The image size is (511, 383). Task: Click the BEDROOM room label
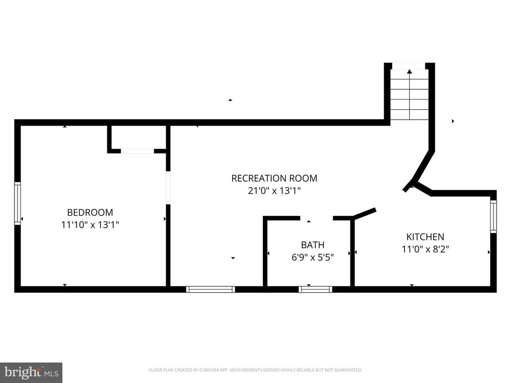(90, 212)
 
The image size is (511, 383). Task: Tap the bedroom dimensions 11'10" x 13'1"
(90, 225)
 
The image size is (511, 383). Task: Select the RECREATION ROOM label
(274, 178)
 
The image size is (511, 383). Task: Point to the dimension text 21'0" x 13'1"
(274, 191)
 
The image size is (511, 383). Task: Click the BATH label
(312, 245)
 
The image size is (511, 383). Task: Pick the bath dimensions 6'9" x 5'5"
(312, 257)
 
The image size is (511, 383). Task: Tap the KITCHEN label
(425, 237)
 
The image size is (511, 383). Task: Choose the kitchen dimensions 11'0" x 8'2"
(425, 249)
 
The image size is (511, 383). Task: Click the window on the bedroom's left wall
(17, 203)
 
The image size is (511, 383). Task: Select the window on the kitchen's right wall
(494, 216)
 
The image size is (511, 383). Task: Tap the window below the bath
(315, 289)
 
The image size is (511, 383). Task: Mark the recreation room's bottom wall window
(210, 289)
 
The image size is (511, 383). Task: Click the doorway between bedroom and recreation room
(168, 188)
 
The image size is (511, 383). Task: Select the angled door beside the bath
(364, 213)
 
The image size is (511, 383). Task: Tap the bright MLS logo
(31, 372)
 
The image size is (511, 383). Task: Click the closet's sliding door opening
(137, 151)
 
